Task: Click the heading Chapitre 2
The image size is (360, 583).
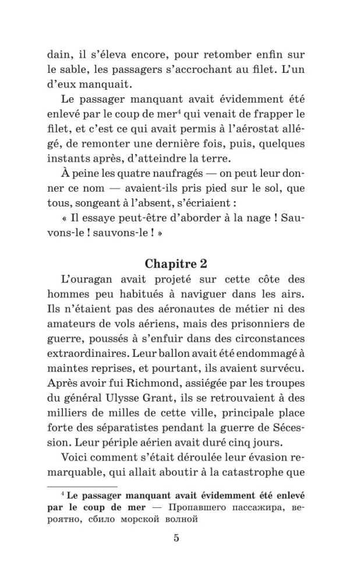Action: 179,264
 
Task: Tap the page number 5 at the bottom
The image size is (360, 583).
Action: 176,538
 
